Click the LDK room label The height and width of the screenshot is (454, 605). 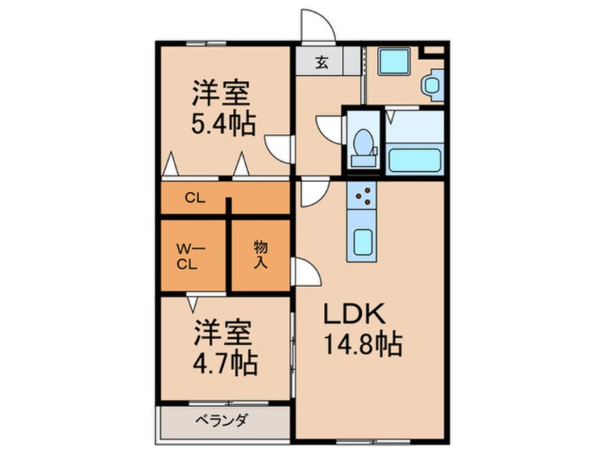354,314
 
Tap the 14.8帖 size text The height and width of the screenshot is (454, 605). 363,344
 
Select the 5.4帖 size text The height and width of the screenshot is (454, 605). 223,123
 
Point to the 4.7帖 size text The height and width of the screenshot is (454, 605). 225,363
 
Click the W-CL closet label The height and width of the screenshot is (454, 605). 187,257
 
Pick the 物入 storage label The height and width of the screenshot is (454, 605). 260,254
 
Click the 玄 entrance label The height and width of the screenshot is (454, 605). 322,62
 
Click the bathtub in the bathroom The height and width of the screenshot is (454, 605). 415,159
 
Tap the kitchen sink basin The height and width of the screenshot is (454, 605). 363,242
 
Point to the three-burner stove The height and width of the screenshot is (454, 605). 361,196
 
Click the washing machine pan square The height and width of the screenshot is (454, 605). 394,62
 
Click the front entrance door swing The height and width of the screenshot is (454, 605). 318,25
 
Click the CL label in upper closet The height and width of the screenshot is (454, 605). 195,198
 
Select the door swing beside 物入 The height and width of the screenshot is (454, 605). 307,271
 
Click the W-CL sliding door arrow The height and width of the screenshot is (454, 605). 192,302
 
